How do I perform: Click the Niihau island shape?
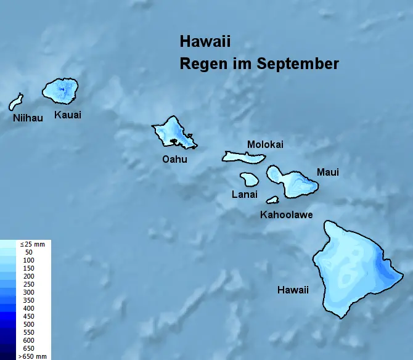click(x=15, y=102)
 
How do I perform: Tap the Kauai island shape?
click(x=60, y=91)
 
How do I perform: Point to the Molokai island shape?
click(x=243, y=157)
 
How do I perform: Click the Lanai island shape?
click(x=250, y=179)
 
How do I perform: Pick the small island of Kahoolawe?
click(x=272, y=200)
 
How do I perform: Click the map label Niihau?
click(x=28, y=118)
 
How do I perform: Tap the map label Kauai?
click(x=68, y=115)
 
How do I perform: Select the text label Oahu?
click(x=174, y=159)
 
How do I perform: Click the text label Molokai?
click(x=265, y=144)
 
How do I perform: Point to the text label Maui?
click(x=327, y=172)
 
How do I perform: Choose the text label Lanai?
click(x=245, y=194)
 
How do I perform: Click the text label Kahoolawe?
click(x=286, y=215)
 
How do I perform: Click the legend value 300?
click(x=29, y=292)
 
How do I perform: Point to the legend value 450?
click(x=29, y=316)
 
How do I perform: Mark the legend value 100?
click(x=29, y=261)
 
